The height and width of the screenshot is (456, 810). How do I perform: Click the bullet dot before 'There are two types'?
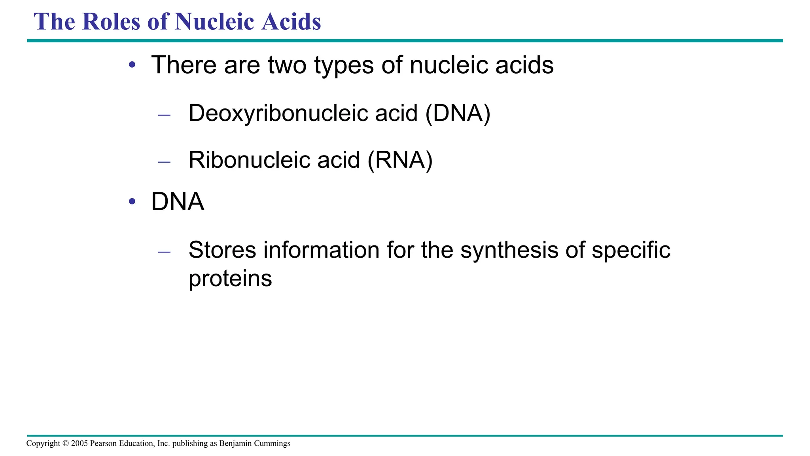pyautogui.click(x=132, y=65)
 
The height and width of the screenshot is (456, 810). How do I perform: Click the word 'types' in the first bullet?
pyautogui.click(x=344, y=66)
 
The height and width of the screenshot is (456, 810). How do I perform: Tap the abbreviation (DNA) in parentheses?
pyautogui.click(x=458, y=113)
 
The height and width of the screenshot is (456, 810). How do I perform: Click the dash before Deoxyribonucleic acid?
pyautogui.click(x=164, y=115)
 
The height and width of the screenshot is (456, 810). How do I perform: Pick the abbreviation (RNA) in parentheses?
pyautogui.click(x=400, y=160)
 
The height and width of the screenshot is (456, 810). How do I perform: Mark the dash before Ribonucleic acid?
pyautogui.click(x=164, y=162)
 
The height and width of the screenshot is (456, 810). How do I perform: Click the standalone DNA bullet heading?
pyautogui.click(x=178, y=202)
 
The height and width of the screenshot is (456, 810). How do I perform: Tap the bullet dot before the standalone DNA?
pyautogui.click(x=132, y=201)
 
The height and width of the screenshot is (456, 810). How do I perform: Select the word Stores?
pyautogui.click(x=222, y=250)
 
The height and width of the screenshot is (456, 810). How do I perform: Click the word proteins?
pyautogui.click(x=230, y=279)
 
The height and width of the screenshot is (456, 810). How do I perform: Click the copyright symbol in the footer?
pyautogui.click(x=66, y=443)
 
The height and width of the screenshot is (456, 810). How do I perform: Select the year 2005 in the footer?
pyautogui.click(x=79, y=443)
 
